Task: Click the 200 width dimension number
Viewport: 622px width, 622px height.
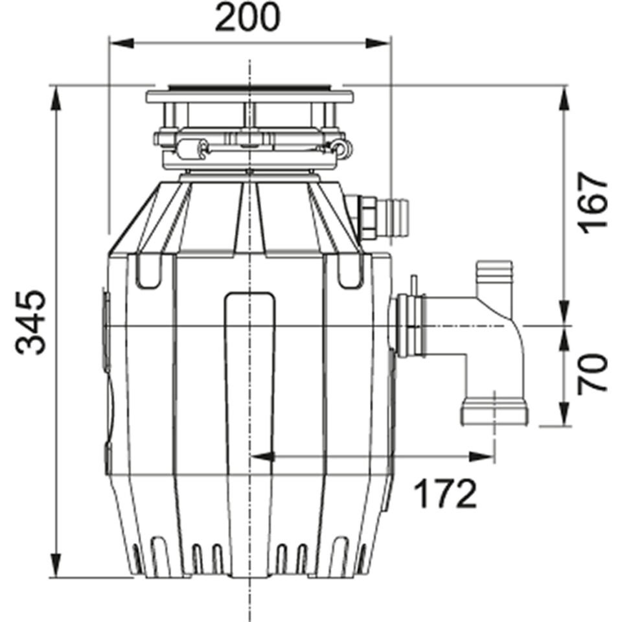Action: click(x=248, y=18)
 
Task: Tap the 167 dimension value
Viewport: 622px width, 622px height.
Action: click(x=593, y=202)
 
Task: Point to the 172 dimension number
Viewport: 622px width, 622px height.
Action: click(x=445, y=494)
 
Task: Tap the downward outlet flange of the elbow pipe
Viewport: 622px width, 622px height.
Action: click(x=494, y=413)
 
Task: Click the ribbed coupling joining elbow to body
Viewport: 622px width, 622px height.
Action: click(x=409, y=325)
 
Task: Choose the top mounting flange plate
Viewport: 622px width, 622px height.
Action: click(x=250, y=97)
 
